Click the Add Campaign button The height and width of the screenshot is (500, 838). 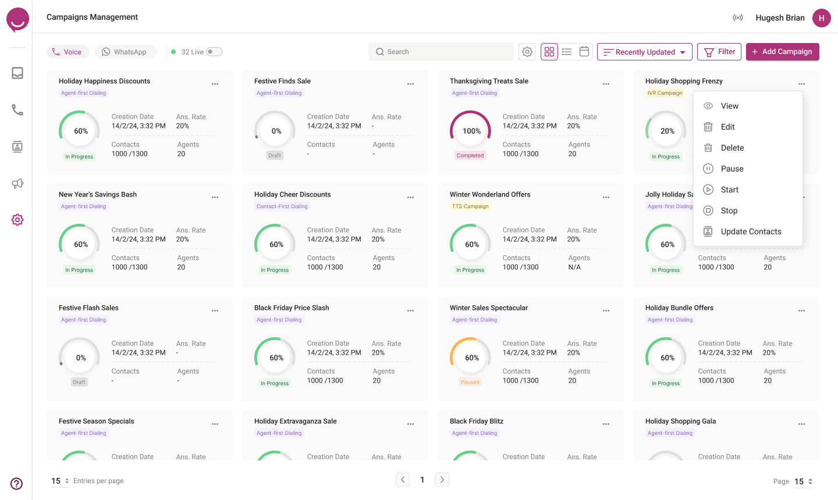click(782, 52)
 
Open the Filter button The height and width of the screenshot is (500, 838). click(719, 52)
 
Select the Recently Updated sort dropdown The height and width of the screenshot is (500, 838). click(645, 52)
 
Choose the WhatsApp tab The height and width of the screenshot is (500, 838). click(124, 52)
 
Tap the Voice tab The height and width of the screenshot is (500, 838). click(68, 52)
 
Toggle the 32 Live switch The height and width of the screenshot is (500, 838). click(214, 52)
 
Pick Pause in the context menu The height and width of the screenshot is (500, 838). click(732, 169)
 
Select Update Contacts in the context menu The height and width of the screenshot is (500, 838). click(751, 231)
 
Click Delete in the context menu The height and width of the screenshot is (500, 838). click(732, 148)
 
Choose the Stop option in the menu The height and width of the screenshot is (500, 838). click(729, 210)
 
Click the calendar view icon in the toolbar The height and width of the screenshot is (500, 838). click(584, 52)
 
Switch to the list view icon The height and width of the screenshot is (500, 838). click(567, 52)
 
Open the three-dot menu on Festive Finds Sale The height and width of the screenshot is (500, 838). click(410, 84)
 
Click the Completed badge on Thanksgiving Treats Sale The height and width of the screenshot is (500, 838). click(470, 155)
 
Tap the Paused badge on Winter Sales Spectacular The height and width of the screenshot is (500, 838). click(470, 382)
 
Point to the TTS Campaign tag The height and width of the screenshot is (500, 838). click(470, 206)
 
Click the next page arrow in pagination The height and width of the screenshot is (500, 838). click(442, 480)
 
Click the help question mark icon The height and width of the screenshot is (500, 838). click(16, 484)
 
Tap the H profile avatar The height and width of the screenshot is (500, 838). click(822, 17)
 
